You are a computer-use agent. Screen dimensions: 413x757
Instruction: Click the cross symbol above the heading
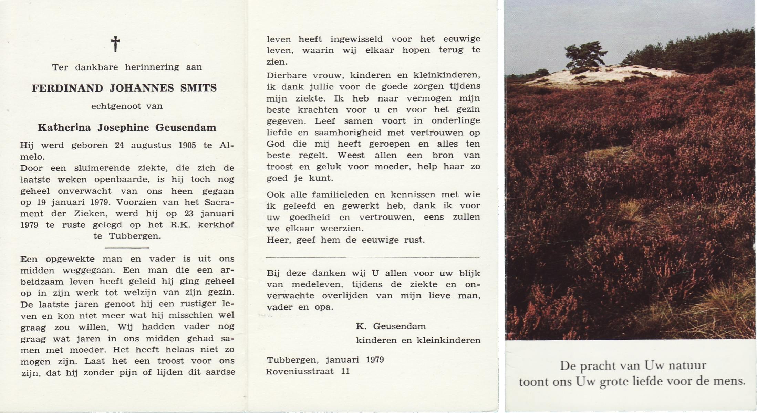click(x=115, y=44)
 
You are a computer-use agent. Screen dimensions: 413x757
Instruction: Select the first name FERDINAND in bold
click(x=68, y=88)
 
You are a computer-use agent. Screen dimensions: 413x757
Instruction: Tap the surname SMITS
click(x=199, y=88)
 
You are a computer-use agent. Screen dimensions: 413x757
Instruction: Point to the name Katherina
click(x=64, y=128)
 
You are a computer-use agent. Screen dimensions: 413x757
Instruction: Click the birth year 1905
click(x=187, y=145)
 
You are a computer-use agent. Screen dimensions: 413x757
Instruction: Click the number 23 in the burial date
click(x=189, y=213)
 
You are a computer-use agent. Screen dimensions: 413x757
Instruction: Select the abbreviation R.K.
click(x=180, y=225)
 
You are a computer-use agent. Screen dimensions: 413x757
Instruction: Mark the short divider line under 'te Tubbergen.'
click(x=127, y=248)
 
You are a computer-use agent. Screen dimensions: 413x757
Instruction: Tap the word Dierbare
click(x=286, y=75)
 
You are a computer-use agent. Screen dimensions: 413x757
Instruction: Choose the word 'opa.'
click(x=323, y=307)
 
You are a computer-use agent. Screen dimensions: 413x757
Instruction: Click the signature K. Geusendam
click(x=391, y=326)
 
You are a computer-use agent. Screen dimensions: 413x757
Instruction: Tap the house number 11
click(x=345, y=371)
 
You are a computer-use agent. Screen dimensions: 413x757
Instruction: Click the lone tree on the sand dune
click(x=585, y=55)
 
